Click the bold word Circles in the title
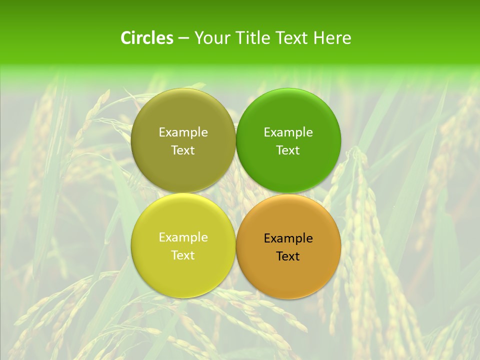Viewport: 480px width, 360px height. [147, 38]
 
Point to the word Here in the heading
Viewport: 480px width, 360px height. [332, 38]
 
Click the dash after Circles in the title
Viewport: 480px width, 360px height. [183, 38]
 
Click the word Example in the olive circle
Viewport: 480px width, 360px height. [183, 132]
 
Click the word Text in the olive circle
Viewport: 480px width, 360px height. [183, 150]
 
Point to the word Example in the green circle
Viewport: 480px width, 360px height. [288, 132]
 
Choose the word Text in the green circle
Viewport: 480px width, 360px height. [288, 150]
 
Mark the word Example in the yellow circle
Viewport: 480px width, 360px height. [183, 237]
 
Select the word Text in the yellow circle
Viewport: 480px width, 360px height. [183, 255]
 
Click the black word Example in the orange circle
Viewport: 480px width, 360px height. [288, 238]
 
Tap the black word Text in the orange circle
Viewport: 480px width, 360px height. [288, 256]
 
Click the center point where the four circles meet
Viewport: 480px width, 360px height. [235, 193]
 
